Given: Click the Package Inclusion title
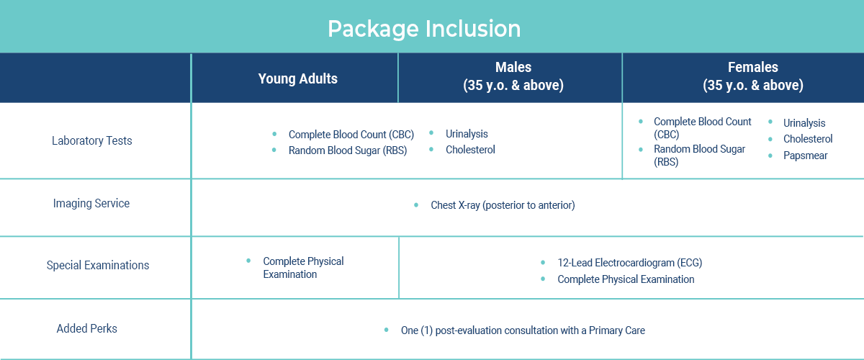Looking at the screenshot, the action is coord(424,29).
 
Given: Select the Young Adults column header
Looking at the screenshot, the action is coord(298,78).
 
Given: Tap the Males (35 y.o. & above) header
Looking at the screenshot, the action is coord(513,76).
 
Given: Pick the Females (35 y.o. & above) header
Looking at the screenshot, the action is coord(753,76).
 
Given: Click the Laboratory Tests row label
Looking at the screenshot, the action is coord(92,141).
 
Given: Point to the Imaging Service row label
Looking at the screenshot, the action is coord(91,203).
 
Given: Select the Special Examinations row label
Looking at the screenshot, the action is coord(98,266).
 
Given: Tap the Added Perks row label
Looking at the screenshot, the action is coord(87,328).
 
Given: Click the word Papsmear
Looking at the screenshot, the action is coord(806,156).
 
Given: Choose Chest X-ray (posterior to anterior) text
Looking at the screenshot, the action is coord(503,205).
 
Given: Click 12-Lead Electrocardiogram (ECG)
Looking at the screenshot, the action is coord(629,263).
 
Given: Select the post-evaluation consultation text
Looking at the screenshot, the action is coord(523,330).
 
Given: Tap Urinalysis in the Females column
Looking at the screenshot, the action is coord(804,123).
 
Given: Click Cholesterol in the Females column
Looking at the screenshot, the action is coord(808,139).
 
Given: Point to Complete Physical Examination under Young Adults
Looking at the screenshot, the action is coord(303,268).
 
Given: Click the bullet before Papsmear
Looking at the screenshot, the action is coord(770,156).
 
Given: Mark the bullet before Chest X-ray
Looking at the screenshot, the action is coord(416,205).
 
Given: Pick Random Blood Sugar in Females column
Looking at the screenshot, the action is coord(699,155).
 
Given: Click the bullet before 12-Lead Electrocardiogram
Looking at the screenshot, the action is coord(543,262).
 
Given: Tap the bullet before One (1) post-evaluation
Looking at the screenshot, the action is coord(386,330).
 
